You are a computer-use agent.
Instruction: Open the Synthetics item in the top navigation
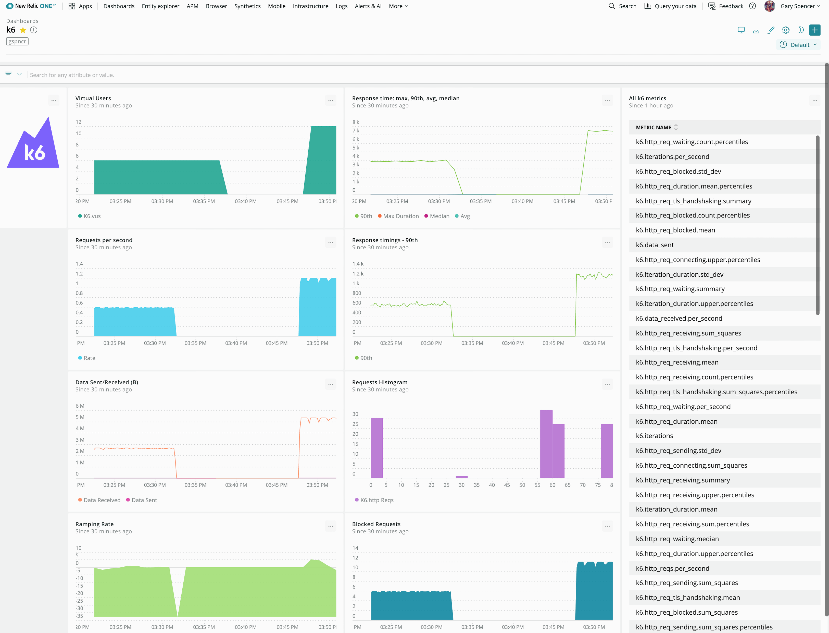tap(247, 6)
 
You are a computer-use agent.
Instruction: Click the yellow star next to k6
tap(23, 30)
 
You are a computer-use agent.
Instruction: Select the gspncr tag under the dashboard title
tap(17, 41)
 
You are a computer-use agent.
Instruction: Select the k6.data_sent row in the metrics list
tap(655, 245)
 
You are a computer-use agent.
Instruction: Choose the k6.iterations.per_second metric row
tap(672, 157)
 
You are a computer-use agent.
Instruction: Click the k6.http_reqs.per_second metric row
tap(672, 568)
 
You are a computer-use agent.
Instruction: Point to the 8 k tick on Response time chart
tap(356, 122)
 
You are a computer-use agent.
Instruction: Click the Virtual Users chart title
tap(93, 98)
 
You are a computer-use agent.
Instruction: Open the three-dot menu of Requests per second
tap(331, 242)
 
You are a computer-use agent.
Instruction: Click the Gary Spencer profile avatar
tap(770, 6)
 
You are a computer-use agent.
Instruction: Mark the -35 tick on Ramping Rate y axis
tap(79, 616)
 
